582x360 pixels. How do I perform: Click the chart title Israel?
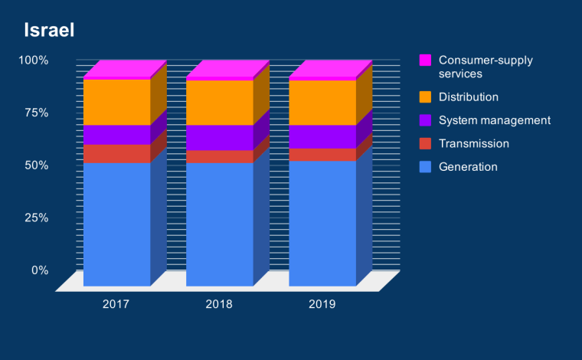(x=47, y=31)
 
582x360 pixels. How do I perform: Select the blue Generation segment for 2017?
(x=116, y=224)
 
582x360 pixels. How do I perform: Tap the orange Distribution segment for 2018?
(x=219, y=102)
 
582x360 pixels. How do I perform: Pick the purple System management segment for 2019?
(x=322, y=136)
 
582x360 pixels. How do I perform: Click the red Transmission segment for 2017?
(x=116, y=153)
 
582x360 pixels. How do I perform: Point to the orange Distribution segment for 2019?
(x=322, y=102)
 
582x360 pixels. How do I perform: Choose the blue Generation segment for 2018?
(x=219, y=224)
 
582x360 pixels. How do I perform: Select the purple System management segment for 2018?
(x=219, y=137)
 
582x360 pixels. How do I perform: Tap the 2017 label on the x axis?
(x=116, y=304)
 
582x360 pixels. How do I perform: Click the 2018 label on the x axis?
(x=219, y=304)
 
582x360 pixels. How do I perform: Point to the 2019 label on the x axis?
(x=322, y=304)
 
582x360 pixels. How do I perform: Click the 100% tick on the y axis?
(x=34, y=60)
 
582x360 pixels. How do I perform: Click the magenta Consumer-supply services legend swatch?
(x=426, y=60)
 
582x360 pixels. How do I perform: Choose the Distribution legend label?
(x=469, y=97)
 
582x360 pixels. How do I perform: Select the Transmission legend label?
(x=474, y=143)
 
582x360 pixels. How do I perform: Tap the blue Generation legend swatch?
(x=426, y=166)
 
